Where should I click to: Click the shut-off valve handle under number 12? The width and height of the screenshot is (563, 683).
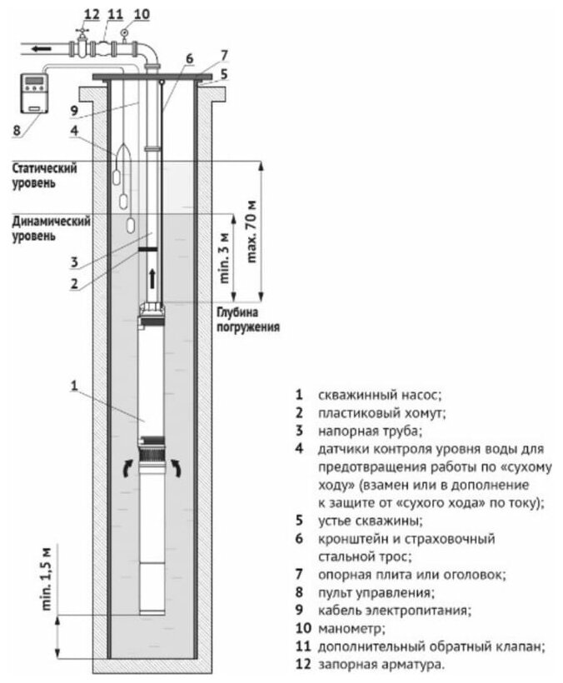(82, 33)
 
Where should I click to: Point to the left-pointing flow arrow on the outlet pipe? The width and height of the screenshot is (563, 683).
(36, 48)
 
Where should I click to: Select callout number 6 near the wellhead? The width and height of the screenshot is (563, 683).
(189, 59)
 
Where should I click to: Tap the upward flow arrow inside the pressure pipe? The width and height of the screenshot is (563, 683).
(152, 277)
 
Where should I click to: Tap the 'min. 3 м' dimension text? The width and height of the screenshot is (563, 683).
(223, 259)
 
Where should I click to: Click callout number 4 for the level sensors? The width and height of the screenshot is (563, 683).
(74, 131)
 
